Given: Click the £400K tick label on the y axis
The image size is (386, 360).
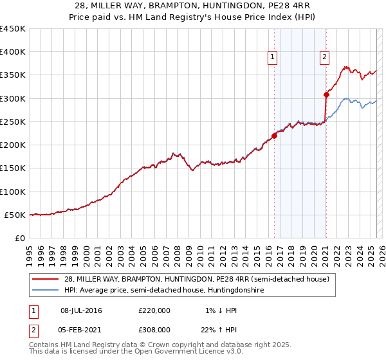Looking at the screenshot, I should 13,52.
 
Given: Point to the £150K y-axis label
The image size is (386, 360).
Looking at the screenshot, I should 13,168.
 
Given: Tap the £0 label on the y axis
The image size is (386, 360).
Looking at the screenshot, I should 20,239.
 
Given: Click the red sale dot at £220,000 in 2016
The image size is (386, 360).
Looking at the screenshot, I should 274,136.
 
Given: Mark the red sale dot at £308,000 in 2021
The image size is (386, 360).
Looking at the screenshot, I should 326,94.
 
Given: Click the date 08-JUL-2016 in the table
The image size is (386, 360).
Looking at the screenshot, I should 81,310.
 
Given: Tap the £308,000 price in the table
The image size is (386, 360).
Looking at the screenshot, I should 154,328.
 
